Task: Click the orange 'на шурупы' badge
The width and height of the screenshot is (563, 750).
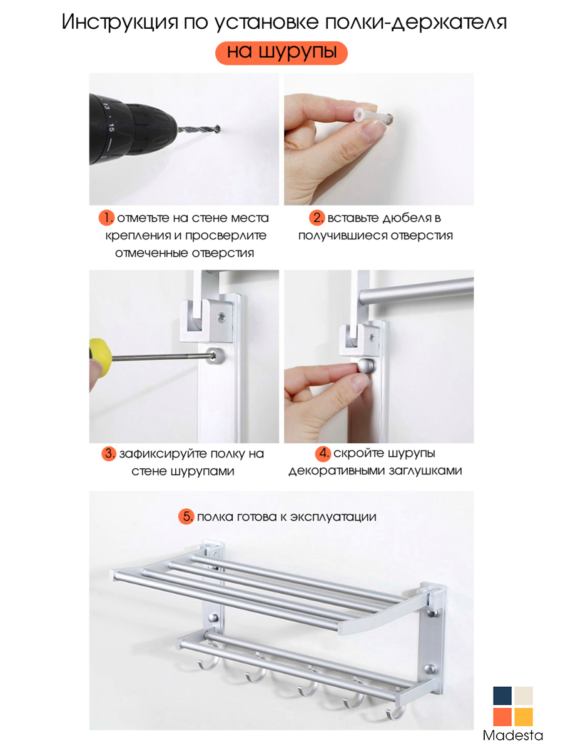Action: (x=281, y=53)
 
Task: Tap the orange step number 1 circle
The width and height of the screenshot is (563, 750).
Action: (x=106, y=217)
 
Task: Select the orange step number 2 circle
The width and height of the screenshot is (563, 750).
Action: (x=317, y=217)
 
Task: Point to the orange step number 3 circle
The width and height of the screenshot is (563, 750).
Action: (x=109, y=453)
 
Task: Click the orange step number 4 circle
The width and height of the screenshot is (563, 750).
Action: (x=322, y=453)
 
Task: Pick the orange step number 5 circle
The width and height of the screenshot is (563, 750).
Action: (x=186, y=516)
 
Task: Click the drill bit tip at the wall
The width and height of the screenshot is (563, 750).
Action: (x=218, y=129)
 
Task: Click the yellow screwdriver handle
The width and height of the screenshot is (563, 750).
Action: (x=100, y=357)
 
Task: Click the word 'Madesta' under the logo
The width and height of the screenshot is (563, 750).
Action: (x=513, y=735)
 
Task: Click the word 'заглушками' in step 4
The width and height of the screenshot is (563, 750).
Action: (x=425, y=471)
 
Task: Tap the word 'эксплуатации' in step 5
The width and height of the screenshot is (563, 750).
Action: (x=333, y=517)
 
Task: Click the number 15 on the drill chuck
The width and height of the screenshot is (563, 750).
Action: (x=111, y=127)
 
